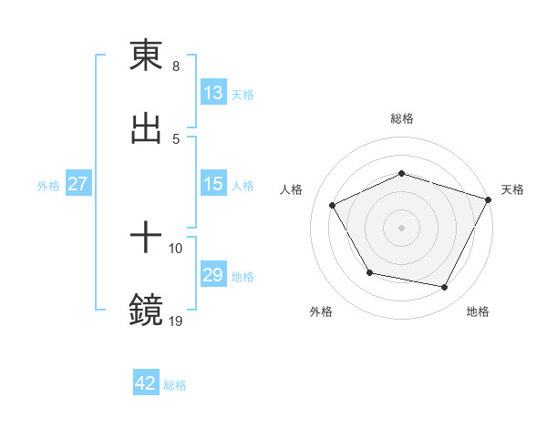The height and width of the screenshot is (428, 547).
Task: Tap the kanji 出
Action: pyautogui.click(x=146, y=128)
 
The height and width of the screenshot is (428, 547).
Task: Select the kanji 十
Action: pyautogui.click(x=146, y=239)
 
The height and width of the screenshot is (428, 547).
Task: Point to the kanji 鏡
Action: pyautogui.click(x=146, y=311)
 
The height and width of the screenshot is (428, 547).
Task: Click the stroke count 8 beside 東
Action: pyautogui.click(x=176, y=66)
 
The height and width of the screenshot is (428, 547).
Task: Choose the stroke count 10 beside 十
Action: pyautogui.click(x=176, y=248)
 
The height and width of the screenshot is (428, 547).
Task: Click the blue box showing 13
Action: pyautogui.click(x=213, y=93)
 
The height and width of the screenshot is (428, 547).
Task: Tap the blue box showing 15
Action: pyautogui.click(x=213, y=184)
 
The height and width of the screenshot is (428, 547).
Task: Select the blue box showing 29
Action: pyautogui.click(x=213, y=275)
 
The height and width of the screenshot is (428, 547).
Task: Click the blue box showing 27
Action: pyautogui.click(x=78, y=184)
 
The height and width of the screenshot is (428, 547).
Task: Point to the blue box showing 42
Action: pyautogui.click(x=146, y=383)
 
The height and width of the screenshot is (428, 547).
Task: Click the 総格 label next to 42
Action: pyautogui.click(x=175, y=385)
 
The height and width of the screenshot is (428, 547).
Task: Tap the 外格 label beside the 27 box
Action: pyautogui.click(x=48, y=185)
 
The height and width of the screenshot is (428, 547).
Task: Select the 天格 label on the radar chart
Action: pyautogui.click(x=513, y=189)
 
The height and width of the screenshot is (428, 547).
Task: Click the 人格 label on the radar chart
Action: pyautogui.click(x=292, y=189)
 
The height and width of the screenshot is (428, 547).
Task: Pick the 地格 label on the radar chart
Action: pyautogui.click(x=478, y=311)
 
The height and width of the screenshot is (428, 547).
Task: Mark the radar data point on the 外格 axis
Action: pyautogui.click(x=369, y=272)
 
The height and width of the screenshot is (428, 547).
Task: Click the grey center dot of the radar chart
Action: pyautogui.click(x=401, y=228)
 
